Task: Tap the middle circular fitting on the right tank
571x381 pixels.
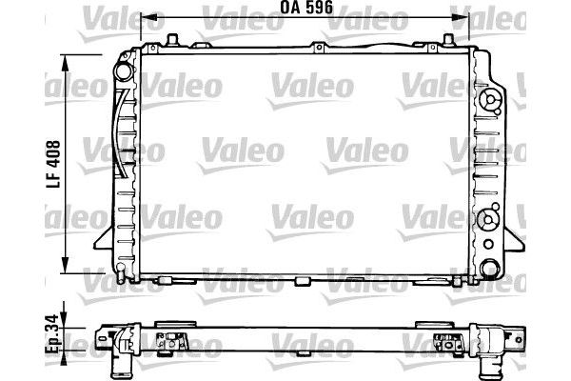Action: pos(491,218)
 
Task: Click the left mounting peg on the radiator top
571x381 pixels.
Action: pos(173,39)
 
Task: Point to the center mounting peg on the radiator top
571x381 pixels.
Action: pos(319,44)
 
